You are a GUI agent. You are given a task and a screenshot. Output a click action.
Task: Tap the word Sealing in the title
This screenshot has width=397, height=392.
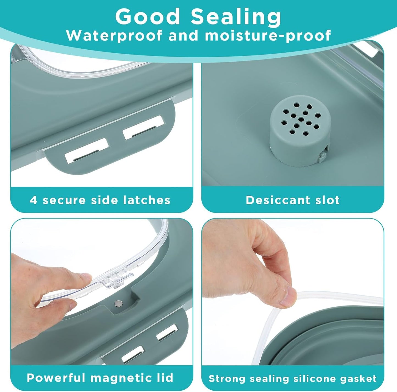[236, 18]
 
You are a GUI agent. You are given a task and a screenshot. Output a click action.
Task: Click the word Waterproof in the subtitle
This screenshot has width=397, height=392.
[114, 35]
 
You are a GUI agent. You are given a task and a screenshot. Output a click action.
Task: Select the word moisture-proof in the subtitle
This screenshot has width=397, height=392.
[268, 36]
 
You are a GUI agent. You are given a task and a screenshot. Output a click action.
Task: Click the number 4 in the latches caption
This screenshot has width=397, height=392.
[33, 200]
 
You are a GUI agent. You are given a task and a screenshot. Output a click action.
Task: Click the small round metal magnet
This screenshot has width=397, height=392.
[118, 303]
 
